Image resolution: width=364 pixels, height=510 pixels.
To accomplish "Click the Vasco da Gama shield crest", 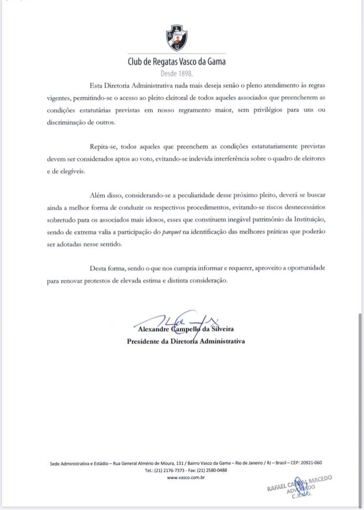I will point(176,38).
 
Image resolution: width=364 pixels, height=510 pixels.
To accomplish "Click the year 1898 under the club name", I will point(185,74).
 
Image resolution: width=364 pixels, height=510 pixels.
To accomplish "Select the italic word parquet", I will point(172,232).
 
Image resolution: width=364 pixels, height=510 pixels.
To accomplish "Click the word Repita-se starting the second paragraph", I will point(103,146).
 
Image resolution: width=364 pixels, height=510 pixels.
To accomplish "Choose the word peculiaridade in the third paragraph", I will point(197,195).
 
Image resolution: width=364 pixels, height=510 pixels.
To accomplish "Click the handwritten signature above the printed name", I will point(178,320).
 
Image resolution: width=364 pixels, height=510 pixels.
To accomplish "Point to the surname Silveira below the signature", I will point(222,329).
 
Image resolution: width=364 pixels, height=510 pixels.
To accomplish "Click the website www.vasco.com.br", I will point(186,477).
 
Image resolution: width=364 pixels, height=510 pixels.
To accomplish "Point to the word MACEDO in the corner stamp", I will point(320,479).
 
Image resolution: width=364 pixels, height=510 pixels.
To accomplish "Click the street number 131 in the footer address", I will point(180,463).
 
